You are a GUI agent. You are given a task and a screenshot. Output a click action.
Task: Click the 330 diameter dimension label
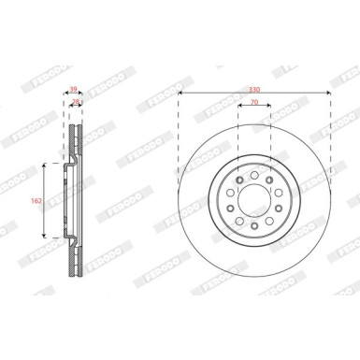click(x=254, y=90)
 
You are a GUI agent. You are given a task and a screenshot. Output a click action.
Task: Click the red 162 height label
click(x=36, y=200)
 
